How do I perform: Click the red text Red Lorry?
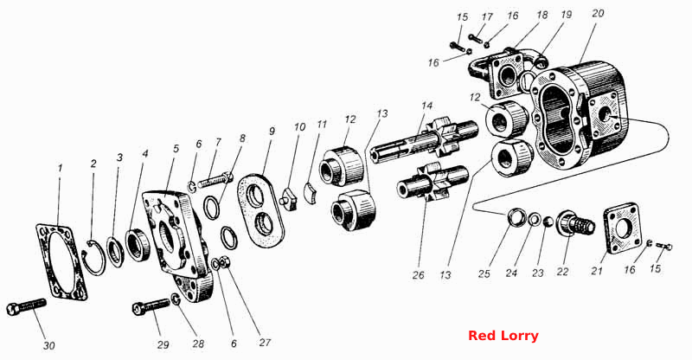tap(503, 336)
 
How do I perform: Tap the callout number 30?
tap(49, 345)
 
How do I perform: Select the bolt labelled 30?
tap(27, 306)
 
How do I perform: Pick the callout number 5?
tap(176, 149)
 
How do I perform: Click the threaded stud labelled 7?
tap(215, 180)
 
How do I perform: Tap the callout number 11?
tap(322, 124)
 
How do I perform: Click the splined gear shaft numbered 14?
tap(424, 136)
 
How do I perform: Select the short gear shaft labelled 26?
tap(432, 183)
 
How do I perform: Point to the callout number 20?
tap(598, 13)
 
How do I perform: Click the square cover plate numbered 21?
tap(621, 228)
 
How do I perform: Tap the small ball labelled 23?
tap(548, 221)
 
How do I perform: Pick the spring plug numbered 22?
tap(575, 223)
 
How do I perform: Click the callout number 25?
tap(484, 273)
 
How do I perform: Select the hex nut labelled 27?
tap(223, 262)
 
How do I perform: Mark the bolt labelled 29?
tap(151, 306)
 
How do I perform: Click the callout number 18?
tap(542, 15)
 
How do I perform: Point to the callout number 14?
tap(426, 106)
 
